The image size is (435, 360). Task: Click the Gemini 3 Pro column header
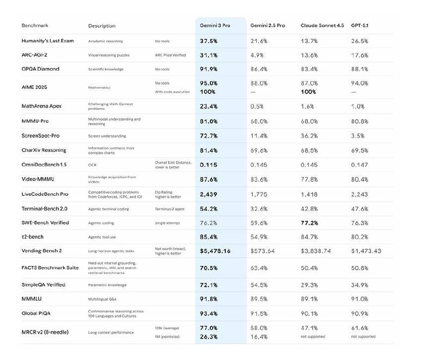tap(215, 26)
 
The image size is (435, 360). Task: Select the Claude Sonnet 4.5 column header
tap(322, 26)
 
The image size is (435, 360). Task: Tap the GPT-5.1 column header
tap(363, 26)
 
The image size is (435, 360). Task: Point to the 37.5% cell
tap(209, 41)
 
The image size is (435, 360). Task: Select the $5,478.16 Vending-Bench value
tap(215, 251)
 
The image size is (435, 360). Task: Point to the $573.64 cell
tap(263, 251)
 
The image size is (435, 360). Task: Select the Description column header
tap(102, 26)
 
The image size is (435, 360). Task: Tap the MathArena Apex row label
tap(41, 106)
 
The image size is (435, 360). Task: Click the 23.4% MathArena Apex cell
tap(209, 106)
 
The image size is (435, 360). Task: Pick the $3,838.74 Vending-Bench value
tap(316, 251)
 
